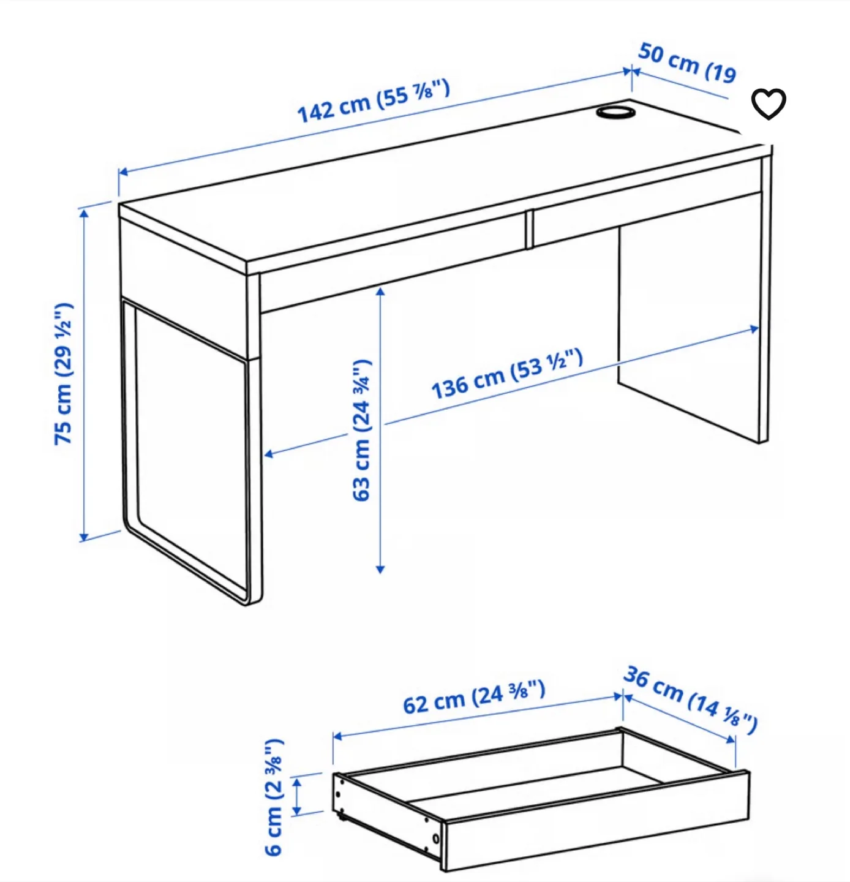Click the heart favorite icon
point(768,104)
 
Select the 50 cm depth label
point(686,62)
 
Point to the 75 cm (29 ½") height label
point(64,374)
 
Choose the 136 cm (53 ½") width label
point(506,374)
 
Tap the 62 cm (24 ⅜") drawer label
point(473,698)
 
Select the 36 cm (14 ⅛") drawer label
point(690,700)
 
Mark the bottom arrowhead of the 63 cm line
point(380,569)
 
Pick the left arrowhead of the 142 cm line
point(122,172)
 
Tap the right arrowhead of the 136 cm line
point(755,330)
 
